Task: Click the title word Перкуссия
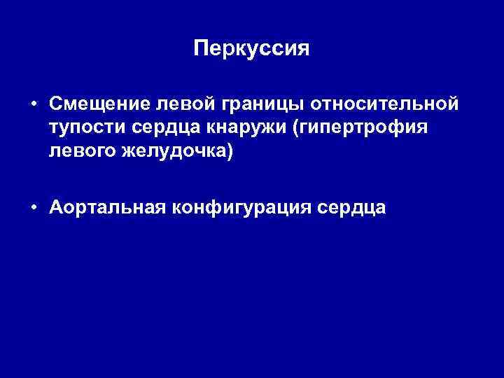coord(251,49)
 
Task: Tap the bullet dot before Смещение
coord(34,104)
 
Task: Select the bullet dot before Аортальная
coord(34,208)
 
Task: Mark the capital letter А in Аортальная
coord(56,207)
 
